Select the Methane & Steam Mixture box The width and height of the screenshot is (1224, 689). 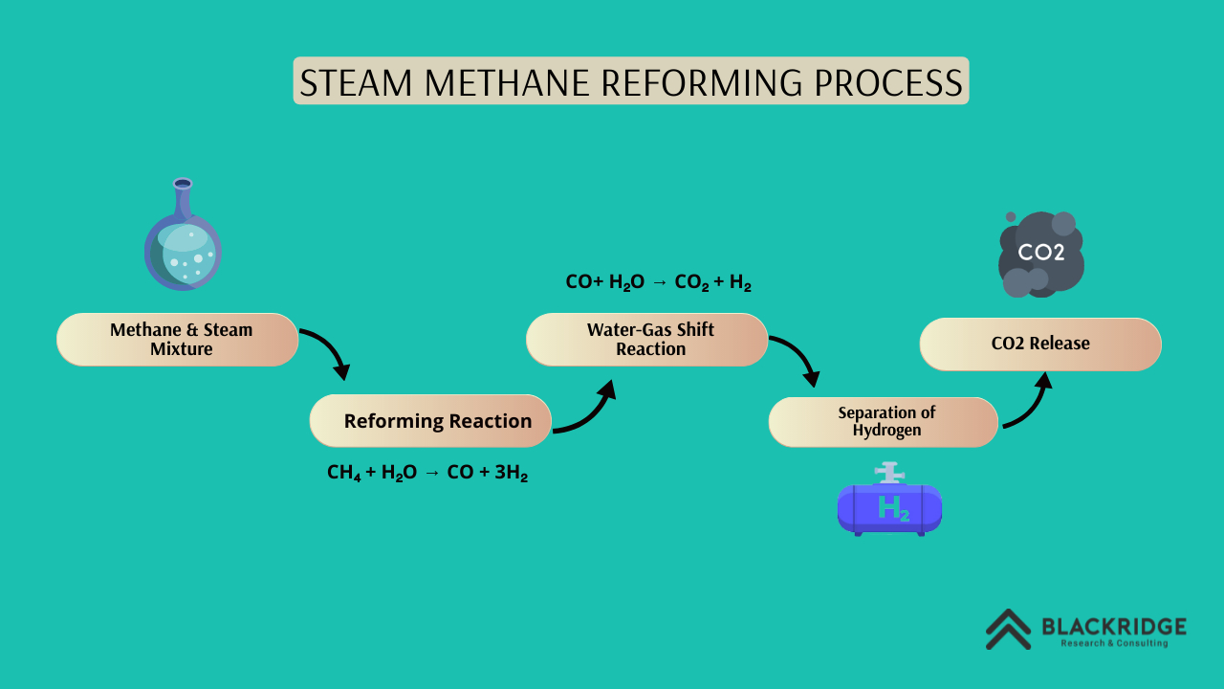[178, 340]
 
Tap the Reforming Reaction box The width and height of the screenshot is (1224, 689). [430, 421]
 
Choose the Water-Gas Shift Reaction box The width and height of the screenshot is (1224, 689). [647, 340]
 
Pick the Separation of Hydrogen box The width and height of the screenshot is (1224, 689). [884, 422]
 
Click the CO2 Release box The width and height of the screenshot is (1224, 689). [1040, 344]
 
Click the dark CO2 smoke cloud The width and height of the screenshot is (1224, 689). [1040, 254]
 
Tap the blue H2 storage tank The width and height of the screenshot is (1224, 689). [889, 508]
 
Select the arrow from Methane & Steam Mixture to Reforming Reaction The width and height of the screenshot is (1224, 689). [327, 351]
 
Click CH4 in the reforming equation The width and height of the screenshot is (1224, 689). [344, 473]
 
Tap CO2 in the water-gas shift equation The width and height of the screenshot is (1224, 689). [691, 282]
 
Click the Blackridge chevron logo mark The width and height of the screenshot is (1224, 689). [1008, 629]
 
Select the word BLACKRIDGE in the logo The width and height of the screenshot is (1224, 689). [1114, 627]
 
